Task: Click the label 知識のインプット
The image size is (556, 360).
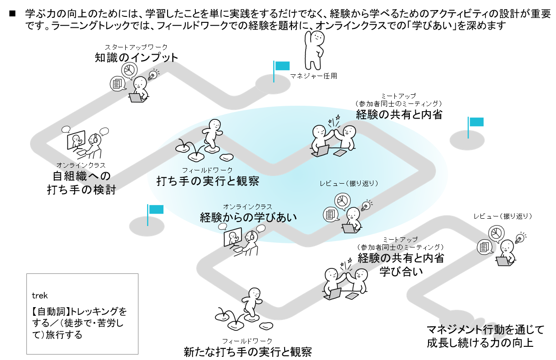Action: point(136,58)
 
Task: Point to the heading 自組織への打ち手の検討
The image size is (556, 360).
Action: point(82,182)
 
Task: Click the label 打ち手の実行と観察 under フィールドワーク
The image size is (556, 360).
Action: point(208,181)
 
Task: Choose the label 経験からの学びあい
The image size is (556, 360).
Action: point(248,217)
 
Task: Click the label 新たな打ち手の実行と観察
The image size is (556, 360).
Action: point(247,351)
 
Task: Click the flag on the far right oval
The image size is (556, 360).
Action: point(476,122)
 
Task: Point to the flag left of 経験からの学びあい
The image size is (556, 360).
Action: point(155,210)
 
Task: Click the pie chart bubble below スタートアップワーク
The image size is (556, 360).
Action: point(129,70)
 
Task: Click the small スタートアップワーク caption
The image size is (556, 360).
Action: point(136,47)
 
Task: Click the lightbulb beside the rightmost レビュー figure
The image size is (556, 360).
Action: point(519,238)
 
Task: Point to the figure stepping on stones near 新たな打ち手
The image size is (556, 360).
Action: point(251,304)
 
